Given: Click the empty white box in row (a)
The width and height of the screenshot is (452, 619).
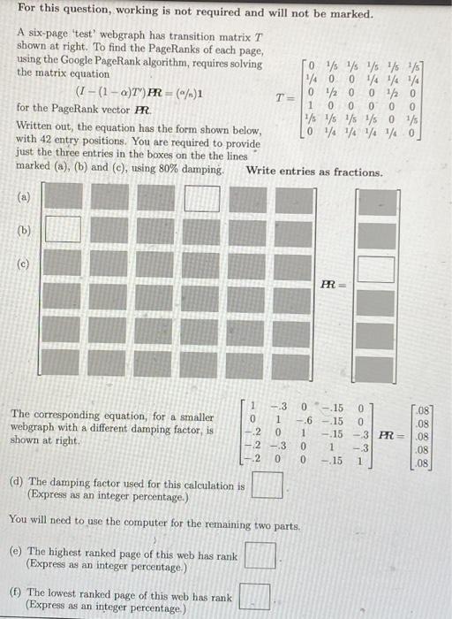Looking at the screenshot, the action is click(201, 198).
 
